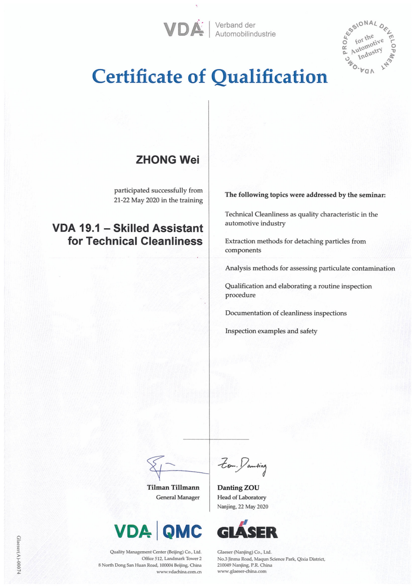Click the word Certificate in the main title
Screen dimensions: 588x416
pyautogui.click(x=138, y=76)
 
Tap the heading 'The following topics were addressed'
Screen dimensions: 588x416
pyautogui.click(x=305, y=195)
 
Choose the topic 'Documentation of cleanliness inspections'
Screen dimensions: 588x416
pyautogui.click(x=286, y=313)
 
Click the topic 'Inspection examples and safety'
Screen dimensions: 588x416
pyautogui.click(x=271, y=331)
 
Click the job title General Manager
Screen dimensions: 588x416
pyautogui.click(x=177, y=497)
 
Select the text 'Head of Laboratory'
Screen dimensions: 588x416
pyautogui.click(x=242, y=497)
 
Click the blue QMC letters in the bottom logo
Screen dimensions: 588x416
pyautogui.click(x=182, y=531)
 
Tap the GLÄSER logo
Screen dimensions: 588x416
pyautogui.click(x=247, y=530)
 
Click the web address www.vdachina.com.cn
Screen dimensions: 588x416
pyautogui.click(x=179, y=572)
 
